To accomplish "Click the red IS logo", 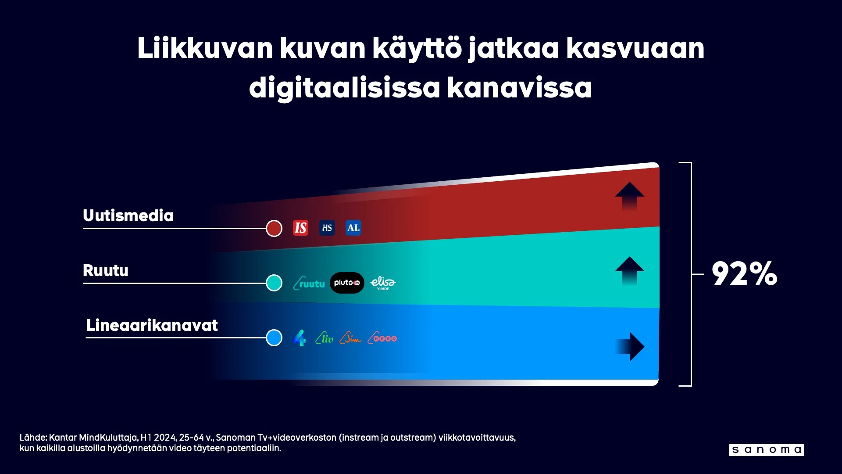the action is (x=300, y=228).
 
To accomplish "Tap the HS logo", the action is (x=327, y=228).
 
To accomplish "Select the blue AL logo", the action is (x=353, y=228).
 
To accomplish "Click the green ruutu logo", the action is (x=309, y=283).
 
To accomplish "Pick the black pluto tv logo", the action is (x=347, y=283).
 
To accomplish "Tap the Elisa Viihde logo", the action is (x=383, y=283).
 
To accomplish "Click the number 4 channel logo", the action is (x=300, y=338).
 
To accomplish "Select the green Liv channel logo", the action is (x=325, y=338).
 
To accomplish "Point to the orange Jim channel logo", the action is (x=350, y=338).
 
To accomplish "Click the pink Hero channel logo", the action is (x=382, y=338).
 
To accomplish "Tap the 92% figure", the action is (x=744, y=274).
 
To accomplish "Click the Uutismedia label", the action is (x=128, y=215).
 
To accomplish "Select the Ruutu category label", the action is (x=106, y=270).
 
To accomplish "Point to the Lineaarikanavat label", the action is (x=152, y=325).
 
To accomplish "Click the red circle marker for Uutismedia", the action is (x=274, y=228).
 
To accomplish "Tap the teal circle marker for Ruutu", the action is (x=274, y=283).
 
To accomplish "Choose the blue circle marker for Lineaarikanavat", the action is (x=274, y=338).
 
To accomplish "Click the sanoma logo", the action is (x=766, y=450).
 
